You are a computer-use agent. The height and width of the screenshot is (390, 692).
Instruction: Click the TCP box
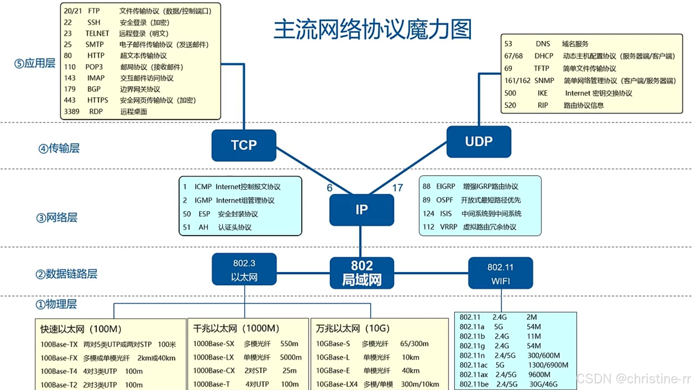click(x=244, y=145)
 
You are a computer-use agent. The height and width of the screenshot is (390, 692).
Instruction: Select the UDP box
click(x=478, y=142)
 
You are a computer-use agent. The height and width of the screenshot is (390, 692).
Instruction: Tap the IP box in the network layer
click(x=362, y=210)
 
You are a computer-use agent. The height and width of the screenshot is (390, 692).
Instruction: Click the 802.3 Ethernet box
click(x=244, y=269)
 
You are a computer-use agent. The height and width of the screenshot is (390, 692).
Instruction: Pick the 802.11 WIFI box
click(x=500, y=273)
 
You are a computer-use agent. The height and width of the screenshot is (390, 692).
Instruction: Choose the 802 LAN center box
click(x=362, y=273)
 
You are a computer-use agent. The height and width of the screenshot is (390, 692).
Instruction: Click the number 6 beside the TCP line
click(x=330, y=188)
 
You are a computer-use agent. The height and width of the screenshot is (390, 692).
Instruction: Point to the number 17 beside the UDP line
click(x=397, y=188)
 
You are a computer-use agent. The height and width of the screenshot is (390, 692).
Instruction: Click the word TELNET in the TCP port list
click(x=97, y=34)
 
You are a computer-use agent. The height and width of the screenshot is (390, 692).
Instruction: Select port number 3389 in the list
click(x=72, y=112)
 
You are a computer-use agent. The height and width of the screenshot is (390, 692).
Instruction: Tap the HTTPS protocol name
click(x=98, y=101)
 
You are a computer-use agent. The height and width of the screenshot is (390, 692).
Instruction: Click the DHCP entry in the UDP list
click(x=544, y=56)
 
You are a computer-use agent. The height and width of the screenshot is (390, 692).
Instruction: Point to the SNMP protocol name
click(x=544, y=81)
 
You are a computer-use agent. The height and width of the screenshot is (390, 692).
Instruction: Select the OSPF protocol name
click(x=444, y=200)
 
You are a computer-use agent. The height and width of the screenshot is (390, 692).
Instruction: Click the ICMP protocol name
click(x=203, y=187)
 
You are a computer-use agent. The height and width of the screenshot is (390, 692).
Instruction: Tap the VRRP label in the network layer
click(x=449, y=227)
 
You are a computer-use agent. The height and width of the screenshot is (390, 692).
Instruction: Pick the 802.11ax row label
click(x=473, y=375)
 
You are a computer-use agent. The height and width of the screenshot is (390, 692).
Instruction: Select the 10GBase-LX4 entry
click(x=337, y=384)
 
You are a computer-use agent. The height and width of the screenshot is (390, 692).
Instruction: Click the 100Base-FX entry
click(x=59, y=358)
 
